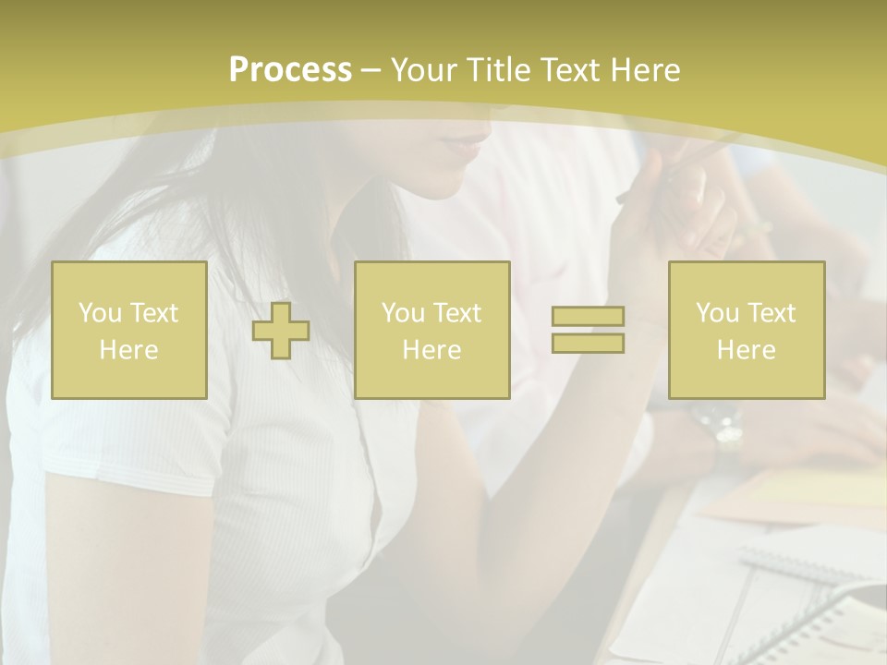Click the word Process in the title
tap(290, 70)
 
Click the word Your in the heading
tap(424, 70)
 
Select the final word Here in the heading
tap(646, 70)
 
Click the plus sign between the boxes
tap(281, 331)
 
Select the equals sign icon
tap(588, 330)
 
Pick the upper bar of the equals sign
tap(588, 317)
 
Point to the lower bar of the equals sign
tap(588, 343)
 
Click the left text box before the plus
tap(129, 330)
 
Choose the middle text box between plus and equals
tap(431, 330)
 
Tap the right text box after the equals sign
tap(747, 330)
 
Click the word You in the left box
tap(99, 313)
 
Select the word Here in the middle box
tap(431, 350)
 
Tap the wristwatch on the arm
tap(720, 430)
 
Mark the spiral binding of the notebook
tap(813, 591)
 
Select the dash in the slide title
tap(371, 70)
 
